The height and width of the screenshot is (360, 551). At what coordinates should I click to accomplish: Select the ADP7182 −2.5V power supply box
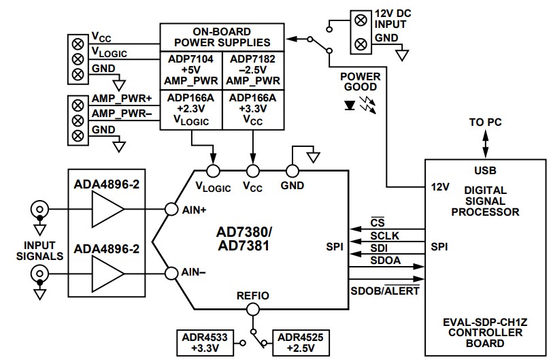(252, 69)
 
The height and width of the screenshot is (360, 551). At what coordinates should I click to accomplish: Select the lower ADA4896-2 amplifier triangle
(107, 274)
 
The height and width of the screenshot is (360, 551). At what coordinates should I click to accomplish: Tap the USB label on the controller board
(486, 169)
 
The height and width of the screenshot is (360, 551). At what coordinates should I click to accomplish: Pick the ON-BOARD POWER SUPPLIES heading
(220, 37)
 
